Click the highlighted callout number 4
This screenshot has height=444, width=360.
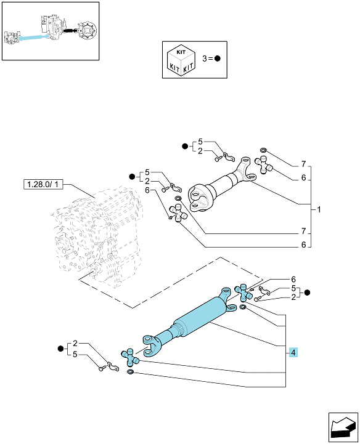coord(293,352)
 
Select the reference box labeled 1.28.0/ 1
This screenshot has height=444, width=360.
coord(43,185)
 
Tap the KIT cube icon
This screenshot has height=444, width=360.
coord(181,60)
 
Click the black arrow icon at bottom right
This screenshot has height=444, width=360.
coord(343,427)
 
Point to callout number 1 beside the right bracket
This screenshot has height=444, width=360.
coord(319,209)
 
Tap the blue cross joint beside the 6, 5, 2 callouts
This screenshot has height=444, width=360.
coord(243,293)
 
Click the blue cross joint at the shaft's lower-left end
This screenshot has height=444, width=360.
coord(130,357)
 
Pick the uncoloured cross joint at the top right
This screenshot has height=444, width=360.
coord(264,165)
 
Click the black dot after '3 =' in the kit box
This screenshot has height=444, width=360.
coord(218,59)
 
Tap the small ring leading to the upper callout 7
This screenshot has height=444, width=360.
coord(263,150)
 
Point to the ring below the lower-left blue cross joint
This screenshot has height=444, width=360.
coord(130,371)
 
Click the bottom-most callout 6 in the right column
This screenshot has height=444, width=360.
coord(303,244)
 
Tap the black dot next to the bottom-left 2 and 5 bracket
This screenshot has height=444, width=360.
coord(60,349)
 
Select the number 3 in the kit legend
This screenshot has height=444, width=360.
coord(205,59)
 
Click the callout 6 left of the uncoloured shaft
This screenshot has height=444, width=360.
coord(147,190)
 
